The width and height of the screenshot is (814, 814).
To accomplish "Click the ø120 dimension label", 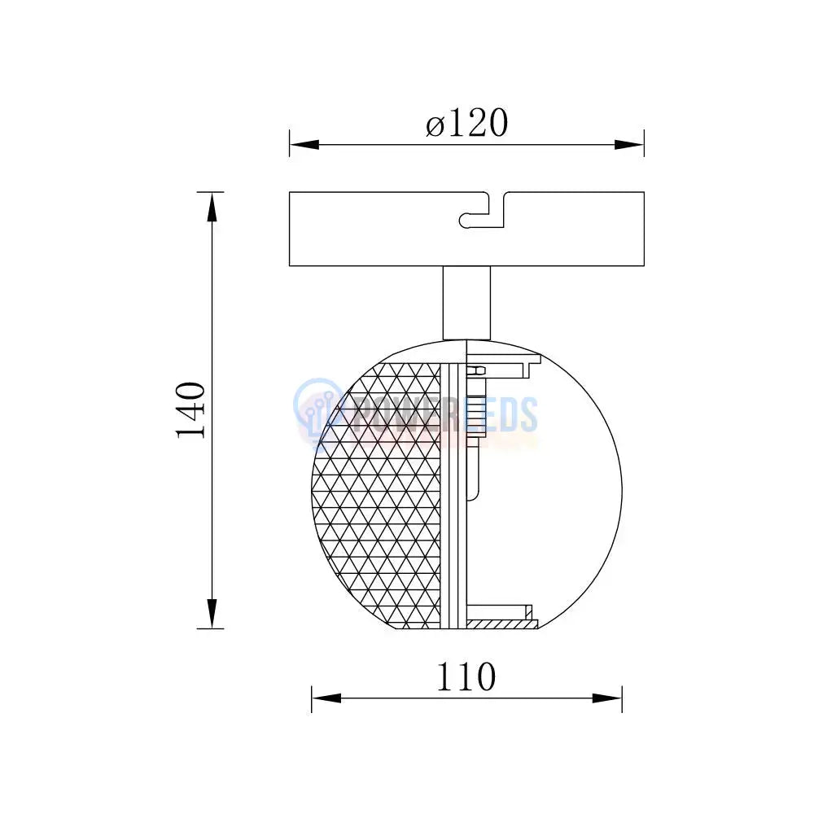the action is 466,124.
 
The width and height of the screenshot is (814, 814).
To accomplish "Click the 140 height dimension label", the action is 190,409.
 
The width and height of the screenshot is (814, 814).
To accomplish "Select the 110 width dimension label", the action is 466,676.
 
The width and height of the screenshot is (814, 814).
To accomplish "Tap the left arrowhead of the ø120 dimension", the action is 304,144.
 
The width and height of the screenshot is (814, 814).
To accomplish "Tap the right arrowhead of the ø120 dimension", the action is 629,144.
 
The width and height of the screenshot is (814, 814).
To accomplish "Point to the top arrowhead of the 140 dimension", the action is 212,207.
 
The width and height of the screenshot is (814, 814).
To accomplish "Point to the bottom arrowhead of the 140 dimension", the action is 212,613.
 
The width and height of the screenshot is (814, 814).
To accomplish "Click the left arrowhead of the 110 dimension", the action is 326,698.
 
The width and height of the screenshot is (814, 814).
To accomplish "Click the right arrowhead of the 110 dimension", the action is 607,698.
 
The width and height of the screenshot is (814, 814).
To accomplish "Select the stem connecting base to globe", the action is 466,303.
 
